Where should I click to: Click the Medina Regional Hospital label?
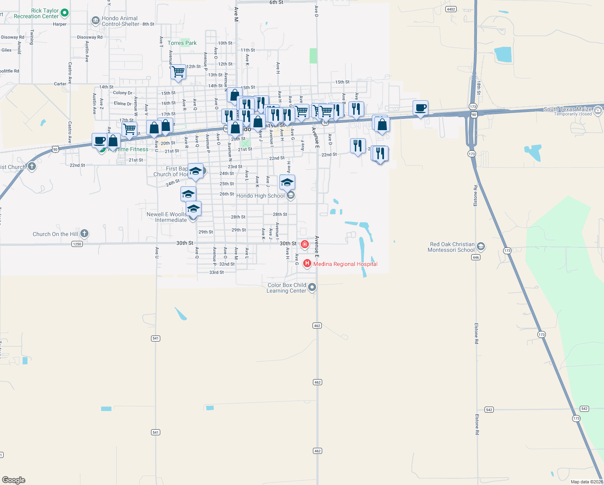[345, 264]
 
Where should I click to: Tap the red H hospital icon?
[307, 264]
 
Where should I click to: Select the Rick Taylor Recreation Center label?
[36, 13]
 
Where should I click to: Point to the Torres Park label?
[182, 43]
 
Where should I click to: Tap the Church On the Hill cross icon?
[84, 233]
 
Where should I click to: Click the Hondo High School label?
[260, 196]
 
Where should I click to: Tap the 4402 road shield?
[451, 9]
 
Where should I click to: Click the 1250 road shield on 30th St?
[77, 244]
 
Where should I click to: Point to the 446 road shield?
[476, 257]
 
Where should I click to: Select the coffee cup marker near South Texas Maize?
[421, 108]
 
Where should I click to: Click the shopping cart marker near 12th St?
[178, 72]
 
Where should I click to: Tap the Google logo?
[14, 480]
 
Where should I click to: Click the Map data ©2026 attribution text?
[587, 482]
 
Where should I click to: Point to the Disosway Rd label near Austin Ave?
[90, 37]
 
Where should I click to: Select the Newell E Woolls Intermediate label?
[167, 217]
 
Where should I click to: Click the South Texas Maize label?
[568, 109]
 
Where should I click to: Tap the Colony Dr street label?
[123, 93]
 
